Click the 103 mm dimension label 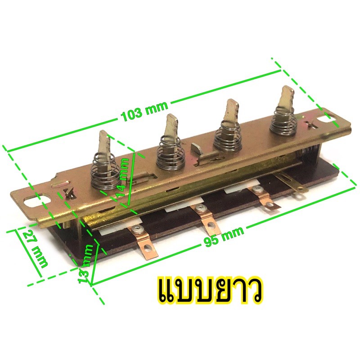(145, 111)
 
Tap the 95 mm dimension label (224, 236)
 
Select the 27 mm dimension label (35, 249)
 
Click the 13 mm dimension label (86, 263)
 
